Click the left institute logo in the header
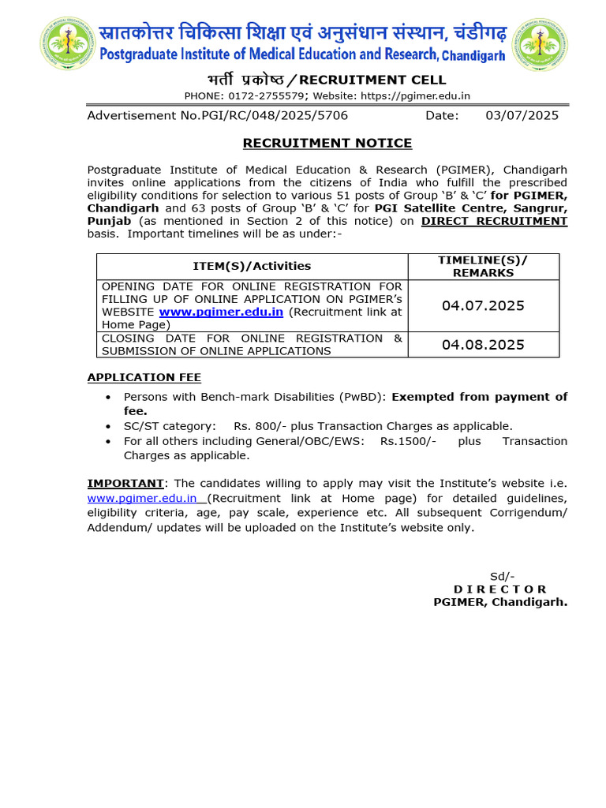pos(65,43)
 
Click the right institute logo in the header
pos(541,43)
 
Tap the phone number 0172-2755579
pos(267,95)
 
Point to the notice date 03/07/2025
pos(522,115)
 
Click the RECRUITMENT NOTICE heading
pos(327,143)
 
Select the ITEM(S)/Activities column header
pos(252,266)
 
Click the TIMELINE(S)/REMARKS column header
pos(483,266)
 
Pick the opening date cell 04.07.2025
pos(483,305)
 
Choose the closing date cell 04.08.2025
pos(483,345)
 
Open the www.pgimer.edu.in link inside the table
pos(221,312)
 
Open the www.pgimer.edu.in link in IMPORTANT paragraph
pos(143,499)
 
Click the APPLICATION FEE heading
pos(144,377)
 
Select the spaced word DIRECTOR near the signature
pos(499,589)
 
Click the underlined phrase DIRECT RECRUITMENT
pos(494,221)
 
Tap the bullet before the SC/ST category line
pos(108,426)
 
